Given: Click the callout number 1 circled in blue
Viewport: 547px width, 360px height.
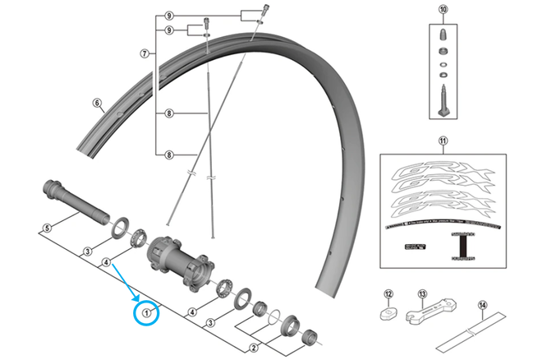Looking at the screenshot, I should tap(148, 312).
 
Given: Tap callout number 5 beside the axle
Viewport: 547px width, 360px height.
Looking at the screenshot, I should tap(48, 227).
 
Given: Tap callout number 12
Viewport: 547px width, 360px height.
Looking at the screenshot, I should tap(389, 293).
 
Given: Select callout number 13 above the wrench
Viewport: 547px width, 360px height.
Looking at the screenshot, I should tap(422, 293).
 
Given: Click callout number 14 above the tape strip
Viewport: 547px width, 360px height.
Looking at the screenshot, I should tap(483, 305).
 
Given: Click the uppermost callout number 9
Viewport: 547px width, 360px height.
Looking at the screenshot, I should tap(168, 16).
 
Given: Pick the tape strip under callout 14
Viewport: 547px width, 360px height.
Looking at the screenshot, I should tap(473, 335).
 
